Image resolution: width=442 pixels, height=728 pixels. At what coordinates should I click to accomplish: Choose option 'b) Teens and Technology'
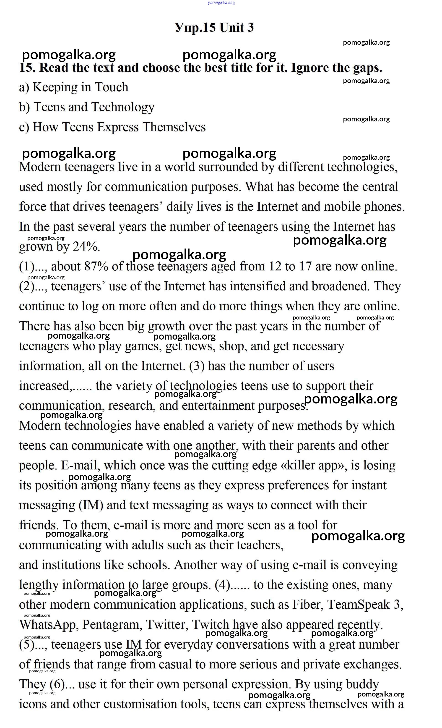87,107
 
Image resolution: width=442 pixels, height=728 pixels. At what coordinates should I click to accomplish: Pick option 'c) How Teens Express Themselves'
112,127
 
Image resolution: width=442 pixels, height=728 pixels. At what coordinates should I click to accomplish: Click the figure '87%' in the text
96,266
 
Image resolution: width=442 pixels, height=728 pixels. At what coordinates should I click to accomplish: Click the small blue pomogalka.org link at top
221,3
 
